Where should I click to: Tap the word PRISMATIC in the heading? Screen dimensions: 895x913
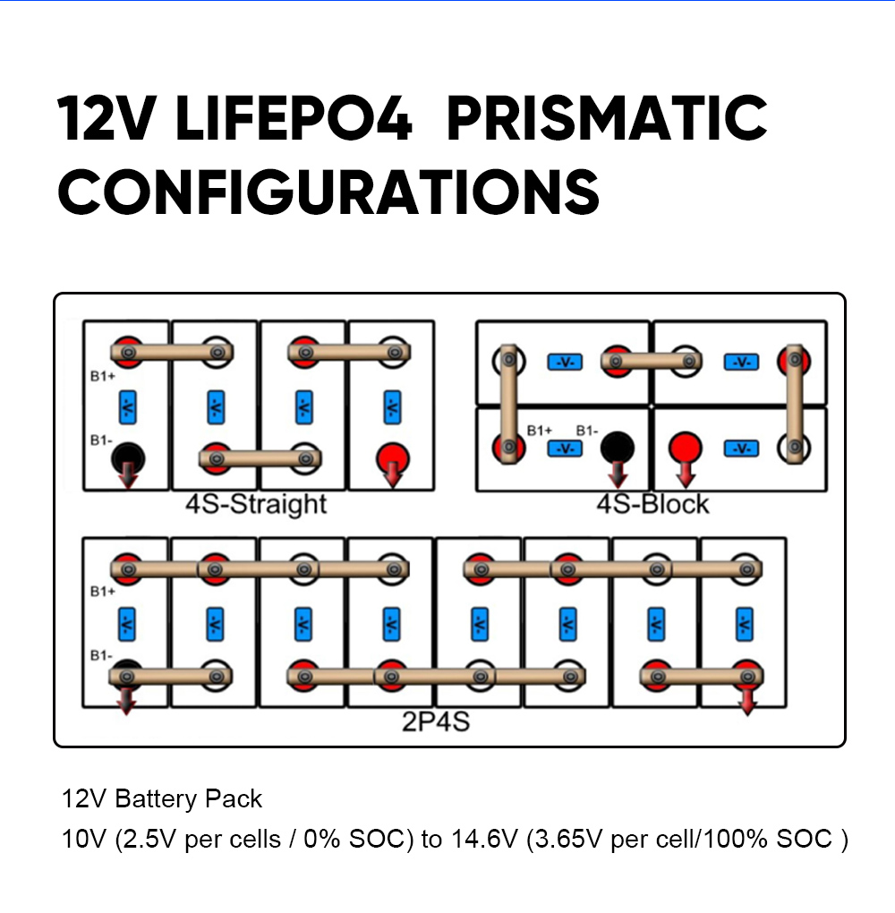(607, 118)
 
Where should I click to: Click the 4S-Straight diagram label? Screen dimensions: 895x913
(256, 504)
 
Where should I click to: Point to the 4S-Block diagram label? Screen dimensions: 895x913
(652, 504)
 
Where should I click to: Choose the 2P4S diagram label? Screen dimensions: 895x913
(436, 721)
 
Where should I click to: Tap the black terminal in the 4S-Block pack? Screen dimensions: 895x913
(618, 448)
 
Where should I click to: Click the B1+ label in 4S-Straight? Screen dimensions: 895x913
(103, 376)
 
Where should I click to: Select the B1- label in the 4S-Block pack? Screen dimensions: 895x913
(587, 431)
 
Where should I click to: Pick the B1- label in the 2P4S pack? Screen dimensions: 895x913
(101, 655)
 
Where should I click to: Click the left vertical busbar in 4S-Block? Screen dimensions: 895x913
(508, 404)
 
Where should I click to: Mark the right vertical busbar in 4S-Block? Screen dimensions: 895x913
(795, 404)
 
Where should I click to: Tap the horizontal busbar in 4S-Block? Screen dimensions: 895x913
(651, 361)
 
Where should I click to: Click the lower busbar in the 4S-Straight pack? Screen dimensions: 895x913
(260, 459)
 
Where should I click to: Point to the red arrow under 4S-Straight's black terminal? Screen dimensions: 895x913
(128, 474)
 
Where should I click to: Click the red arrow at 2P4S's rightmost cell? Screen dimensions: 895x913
(747, 701)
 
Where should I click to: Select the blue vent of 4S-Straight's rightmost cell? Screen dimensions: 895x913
(393, 407)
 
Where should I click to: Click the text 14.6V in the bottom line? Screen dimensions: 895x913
(484, 839)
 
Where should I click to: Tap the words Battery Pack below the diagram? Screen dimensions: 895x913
(189, 798)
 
